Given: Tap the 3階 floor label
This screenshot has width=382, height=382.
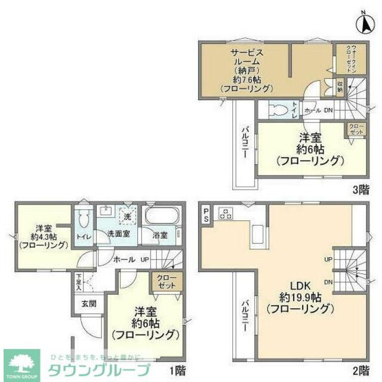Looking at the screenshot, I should pyautogui.click(x=361, y=190).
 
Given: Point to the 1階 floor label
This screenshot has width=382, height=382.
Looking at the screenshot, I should pyautogui.click(x=176, y=370).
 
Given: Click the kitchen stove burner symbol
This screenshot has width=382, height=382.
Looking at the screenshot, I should pyautogui.click(x=227, y=213).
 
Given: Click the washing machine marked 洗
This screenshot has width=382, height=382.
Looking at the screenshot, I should pyautogui.click(x=128, y=215).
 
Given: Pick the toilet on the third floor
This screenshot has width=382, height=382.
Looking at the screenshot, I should pyautogui.click(x=278, y=110).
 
